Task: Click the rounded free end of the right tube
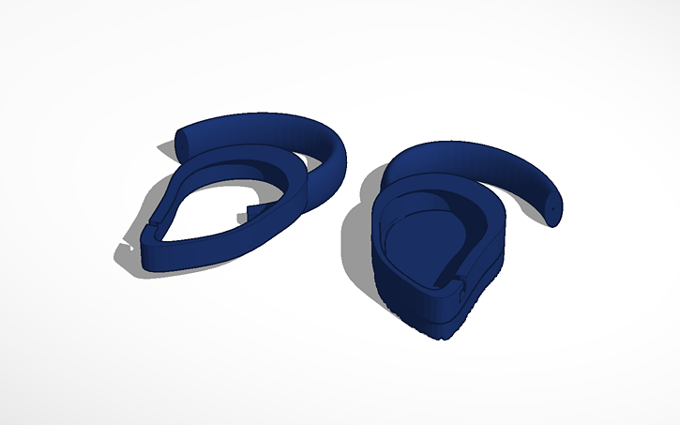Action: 554,207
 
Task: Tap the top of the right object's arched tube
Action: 469,150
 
